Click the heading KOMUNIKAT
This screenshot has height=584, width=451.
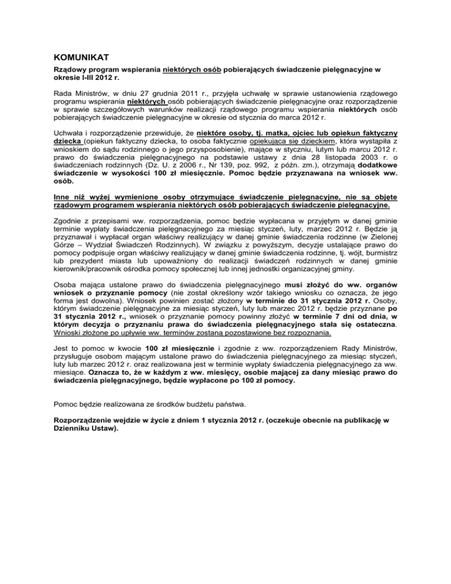(x=75, y=58)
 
